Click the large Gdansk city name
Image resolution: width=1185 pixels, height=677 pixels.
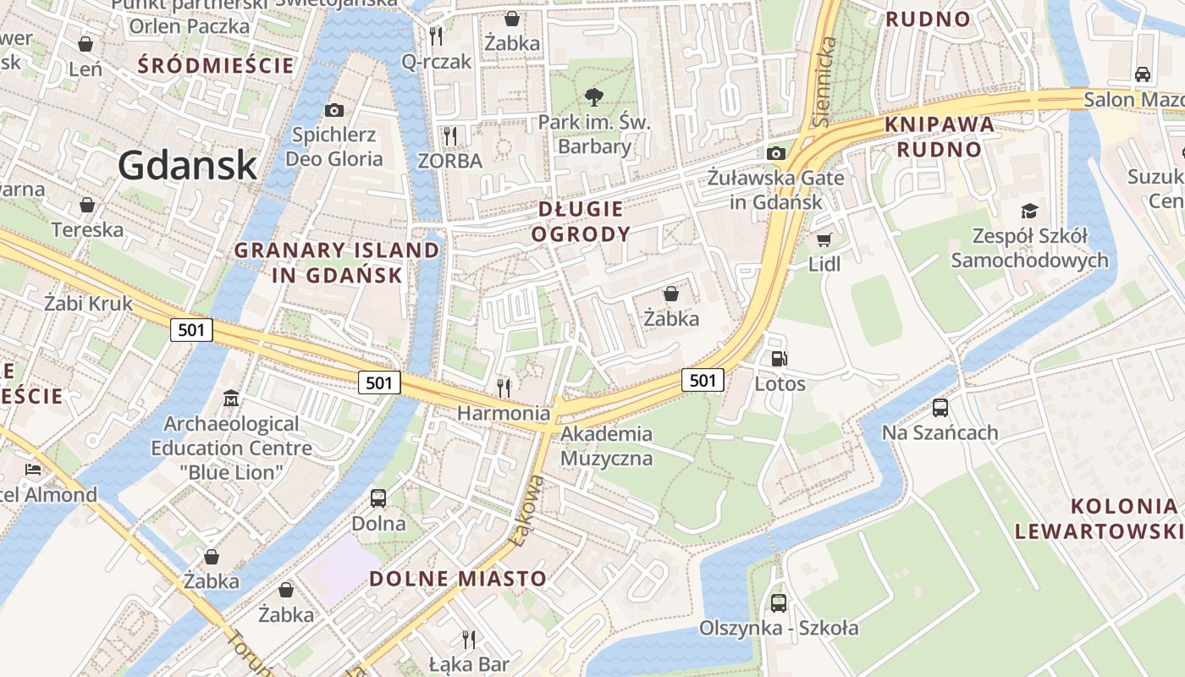(187, 164)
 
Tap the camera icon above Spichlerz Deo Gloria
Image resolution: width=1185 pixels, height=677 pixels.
(334, 110)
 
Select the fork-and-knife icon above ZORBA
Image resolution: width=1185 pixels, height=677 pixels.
(449, 135)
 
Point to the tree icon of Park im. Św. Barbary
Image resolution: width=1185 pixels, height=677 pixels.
(594, 96)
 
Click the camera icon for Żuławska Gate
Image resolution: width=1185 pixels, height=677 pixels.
(775, 153)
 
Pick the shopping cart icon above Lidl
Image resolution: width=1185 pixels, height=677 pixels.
(824, 239)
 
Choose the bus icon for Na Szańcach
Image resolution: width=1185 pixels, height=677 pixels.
(940, 408)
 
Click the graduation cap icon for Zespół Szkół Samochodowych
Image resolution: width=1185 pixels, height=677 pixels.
(1029, 211)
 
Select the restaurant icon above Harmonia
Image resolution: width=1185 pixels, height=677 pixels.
(504, 388)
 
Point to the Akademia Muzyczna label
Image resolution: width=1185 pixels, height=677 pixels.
(606, 446)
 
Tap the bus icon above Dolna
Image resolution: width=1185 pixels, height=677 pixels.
(378, 498)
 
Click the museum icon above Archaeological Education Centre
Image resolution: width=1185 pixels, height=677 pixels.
(231, 398)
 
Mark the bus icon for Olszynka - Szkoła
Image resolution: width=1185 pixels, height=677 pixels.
(778, 603)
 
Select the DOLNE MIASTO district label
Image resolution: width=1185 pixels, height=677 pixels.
(458, 579)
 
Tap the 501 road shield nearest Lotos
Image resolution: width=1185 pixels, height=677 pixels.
(703, 380)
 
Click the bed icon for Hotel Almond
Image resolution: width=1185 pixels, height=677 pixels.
(33, 470)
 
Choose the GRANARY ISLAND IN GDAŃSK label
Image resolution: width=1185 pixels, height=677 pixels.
(337, 262)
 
